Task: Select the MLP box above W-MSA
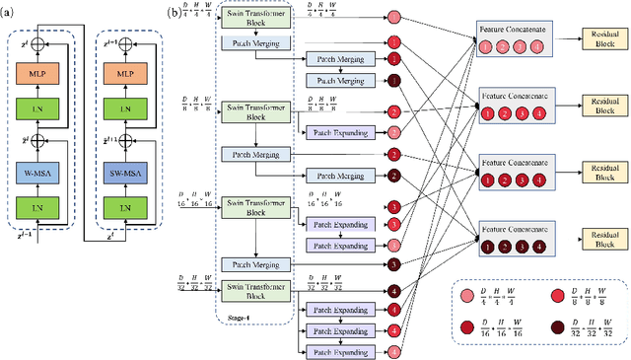[38, 75]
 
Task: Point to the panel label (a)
[10, 10]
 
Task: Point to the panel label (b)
[175, 10]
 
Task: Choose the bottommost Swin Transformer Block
[255, 291]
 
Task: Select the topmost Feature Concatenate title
[514, 31]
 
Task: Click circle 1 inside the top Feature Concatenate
[487, 46]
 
